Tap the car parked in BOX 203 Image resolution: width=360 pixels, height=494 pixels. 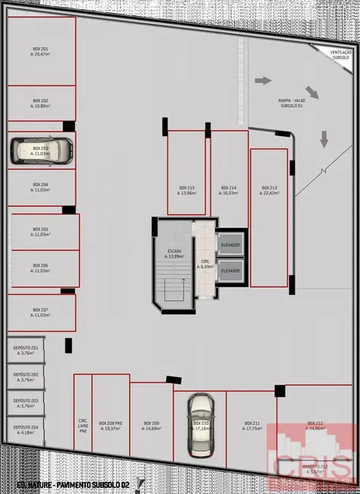(x=41, y=150)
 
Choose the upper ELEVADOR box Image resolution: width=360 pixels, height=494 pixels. (x=230, y=245)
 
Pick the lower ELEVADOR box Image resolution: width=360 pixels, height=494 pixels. (x=230, y=270)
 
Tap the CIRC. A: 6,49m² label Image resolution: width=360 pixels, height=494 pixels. (x=204, y=263)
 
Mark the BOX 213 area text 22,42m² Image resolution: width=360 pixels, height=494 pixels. (x=270, y=193)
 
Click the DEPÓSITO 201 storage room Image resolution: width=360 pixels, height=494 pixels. (x=26, y=350)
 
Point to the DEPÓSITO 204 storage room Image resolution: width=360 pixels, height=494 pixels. (x=26, y=430)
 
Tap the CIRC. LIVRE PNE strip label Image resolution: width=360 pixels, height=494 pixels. (x=83, y=426)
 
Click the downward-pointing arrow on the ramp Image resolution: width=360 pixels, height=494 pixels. (x=324, y=138)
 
